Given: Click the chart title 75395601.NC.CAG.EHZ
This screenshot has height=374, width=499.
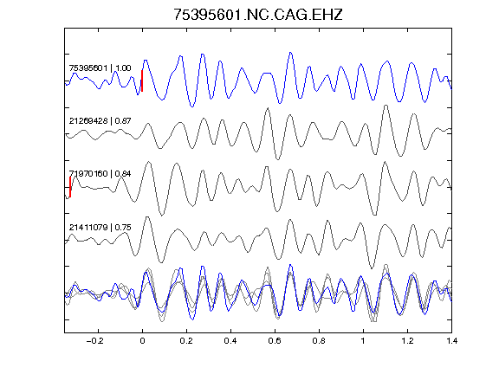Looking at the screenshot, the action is pyautogui.click(x=258, y=15).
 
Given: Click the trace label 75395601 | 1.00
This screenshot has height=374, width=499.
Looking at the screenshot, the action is pyautogui.click(x=100, y=68).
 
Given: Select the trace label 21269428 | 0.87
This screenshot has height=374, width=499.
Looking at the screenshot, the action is pyautogui.click(x=100, y=121).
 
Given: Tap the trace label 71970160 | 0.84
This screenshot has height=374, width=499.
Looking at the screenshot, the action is pyautogui.click(x=100, y=174).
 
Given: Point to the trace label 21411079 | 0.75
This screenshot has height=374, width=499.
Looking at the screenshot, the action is pyautogui.click(x=100, y=228).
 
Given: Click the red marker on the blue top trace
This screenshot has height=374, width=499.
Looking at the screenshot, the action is pyautogui.click(x=142, y=81).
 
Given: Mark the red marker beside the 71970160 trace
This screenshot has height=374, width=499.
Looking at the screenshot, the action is pyautogui.click(x=70, y=187).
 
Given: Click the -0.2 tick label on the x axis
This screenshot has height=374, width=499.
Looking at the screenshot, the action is pyautogui.click(x=95, y=341).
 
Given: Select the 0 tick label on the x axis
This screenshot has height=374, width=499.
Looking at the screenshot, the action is pyautogui.click(x=142, y=341).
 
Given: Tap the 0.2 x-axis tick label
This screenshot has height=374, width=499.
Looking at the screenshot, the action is pyautogui.click(x=186, y=341).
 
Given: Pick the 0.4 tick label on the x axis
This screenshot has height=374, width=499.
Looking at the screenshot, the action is pyautogui.click(x=230, y=341).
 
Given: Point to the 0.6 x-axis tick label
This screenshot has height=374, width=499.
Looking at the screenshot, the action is pyautogui.click(x=275, y=341).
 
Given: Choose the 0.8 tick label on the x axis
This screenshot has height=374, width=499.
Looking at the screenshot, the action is pyautogui.click(x=319, y=341).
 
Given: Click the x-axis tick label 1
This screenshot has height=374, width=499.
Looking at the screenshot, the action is pyautogui.click(x=363, y=341).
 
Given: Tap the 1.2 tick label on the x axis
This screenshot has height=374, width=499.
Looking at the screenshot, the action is pyautogui.click(x=407, y=341).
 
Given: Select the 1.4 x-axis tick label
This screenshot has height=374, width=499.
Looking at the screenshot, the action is pyautogui.click(x=451, y=341).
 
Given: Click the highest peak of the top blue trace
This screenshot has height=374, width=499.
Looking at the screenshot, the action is pyautogui.click(x=290, y=53).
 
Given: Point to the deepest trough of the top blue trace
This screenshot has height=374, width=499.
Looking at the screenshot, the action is pyautogui.click(x=192, y=106).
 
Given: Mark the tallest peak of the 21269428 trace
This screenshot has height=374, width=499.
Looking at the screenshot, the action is pyautogui.click(x=386, y=106).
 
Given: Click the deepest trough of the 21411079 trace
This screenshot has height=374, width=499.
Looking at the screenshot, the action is pyautogui.click(x=372, y=268).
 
